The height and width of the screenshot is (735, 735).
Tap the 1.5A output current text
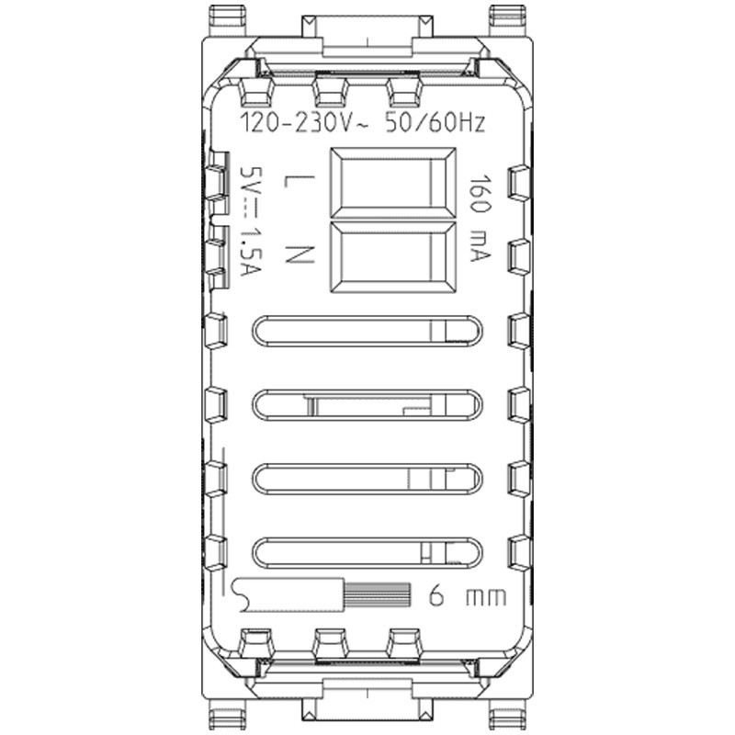point(248,254)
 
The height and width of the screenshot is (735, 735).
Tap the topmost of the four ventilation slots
point(367,332)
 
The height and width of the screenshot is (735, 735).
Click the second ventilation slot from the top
point(367,404)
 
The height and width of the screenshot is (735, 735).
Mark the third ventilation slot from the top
point(367,478)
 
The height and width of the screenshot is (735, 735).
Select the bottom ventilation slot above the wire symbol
point(367,551)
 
